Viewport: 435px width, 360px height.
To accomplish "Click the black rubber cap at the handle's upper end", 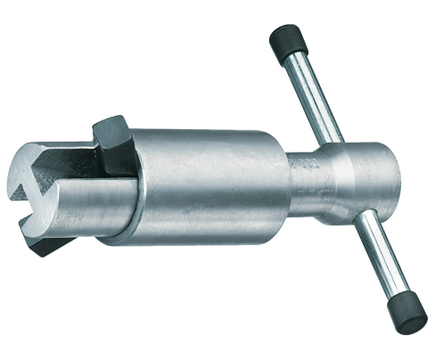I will tap(287, 41).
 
